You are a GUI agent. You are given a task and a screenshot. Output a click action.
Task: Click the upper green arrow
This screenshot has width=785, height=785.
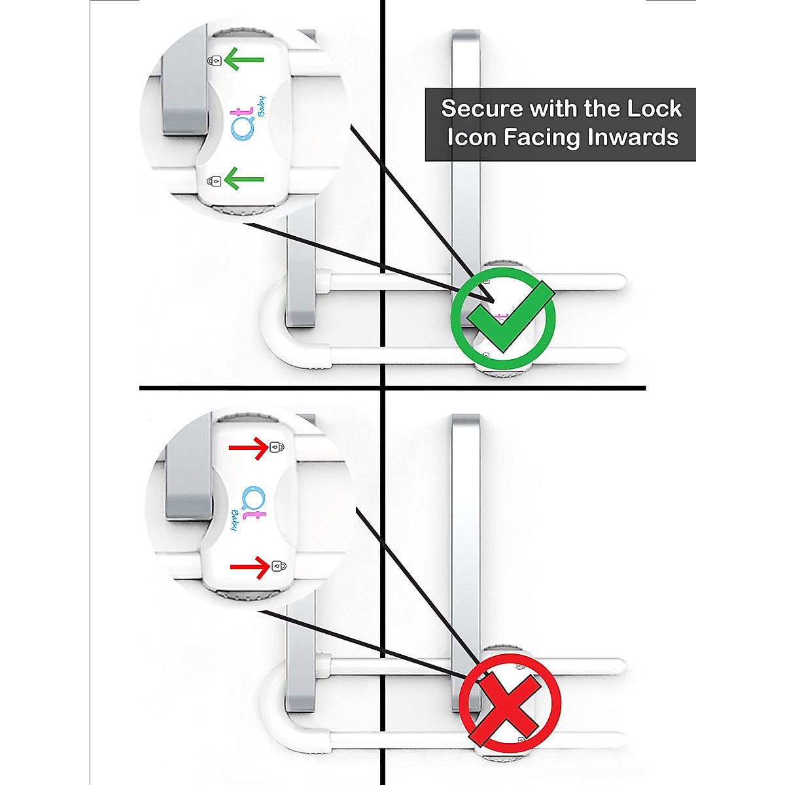244,60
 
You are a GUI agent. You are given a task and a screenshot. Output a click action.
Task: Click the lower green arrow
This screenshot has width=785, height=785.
244,179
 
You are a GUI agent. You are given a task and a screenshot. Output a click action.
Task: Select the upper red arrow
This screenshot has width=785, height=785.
248,448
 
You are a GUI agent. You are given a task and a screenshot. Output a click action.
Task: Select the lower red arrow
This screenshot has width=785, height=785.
249,567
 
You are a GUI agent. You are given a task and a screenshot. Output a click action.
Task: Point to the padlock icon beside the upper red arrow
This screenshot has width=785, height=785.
277,448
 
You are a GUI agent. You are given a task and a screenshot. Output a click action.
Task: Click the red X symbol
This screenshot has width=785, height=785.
509,703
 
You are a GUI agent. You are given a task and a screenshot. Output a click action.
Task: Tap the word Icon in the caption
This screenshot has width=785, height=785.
470,138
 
